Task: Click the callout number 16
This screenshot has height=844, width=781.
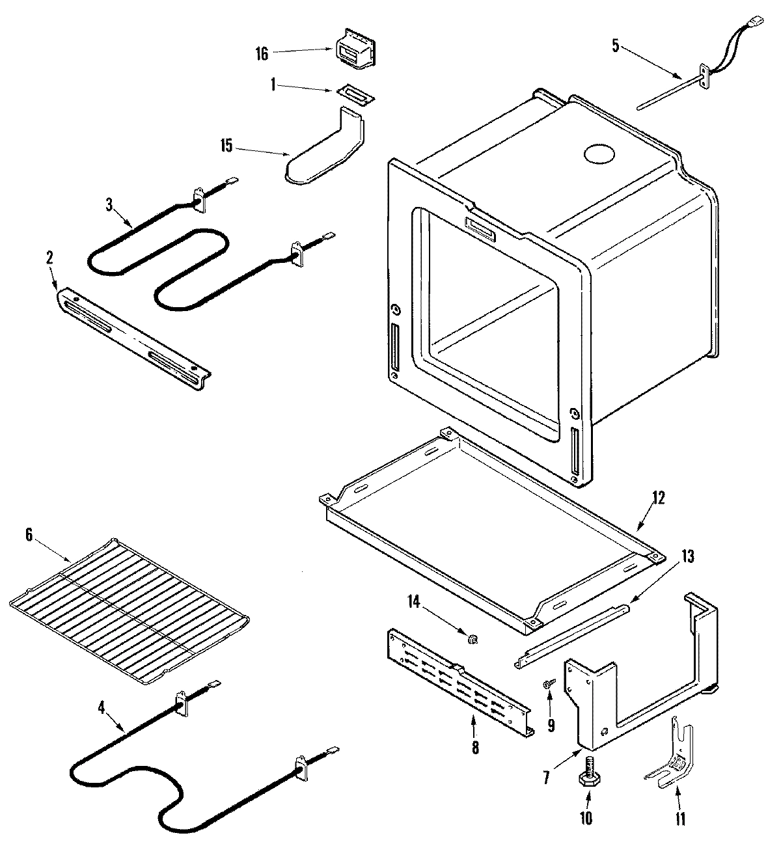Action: pos(262,53)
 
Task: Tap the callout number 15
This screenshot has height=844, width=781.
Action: pos(226,146)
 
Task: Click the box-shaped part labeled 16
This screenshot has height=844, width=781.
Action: pos(357,48)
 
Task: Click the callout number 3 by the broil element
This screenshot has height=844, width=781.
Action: pos(109,204)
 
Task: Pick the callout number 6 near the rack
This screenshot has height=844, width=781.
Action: pos(28,535)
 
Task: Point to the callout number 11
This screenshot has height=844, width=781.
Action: pos(681,818)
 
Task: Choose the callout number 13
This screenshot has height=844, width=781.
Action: pos(687,556)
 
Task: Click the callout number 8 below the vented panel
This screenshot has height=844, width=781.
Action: pos(475,748)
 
